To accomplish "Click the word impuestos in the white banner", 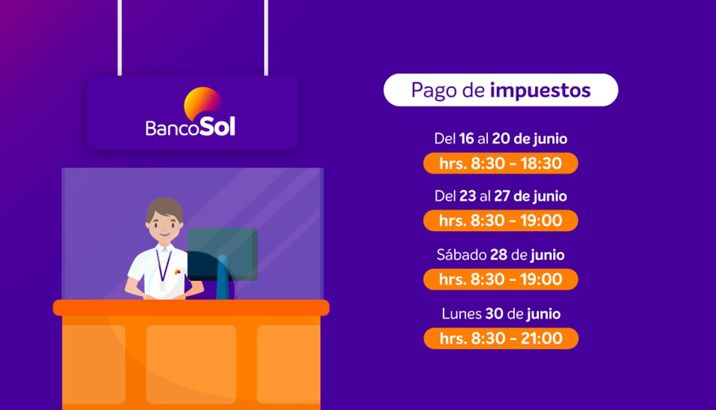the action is (540, 91).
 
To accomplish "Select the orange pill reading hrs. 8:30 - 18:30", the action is (501, 163).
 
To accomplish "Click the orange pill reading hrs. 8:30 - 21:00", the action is (501, 338).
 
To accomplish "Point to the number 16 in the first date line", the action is (467, 139).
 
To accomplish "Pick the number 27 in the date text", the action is (502, 196).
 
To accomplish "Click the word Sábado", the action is (461, 255).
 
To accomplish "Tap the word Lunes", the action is (462, 314).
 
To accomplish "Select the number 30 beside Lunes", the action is (494, 314).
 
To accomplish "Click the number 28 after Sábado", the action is (499, 255).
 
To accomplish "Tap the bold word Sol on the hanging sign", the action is (217, 126).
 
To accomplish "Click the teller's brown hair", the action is (165, 207).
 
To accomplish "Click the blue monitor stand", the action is (223, 277).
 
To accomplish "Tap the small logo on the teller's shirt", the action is (177, 272).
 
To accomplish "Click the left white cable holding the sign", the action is (119, 38).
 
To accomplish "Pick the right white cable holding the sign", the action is (266, 38).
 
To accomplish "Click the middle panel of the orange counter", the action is (191, 364).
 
